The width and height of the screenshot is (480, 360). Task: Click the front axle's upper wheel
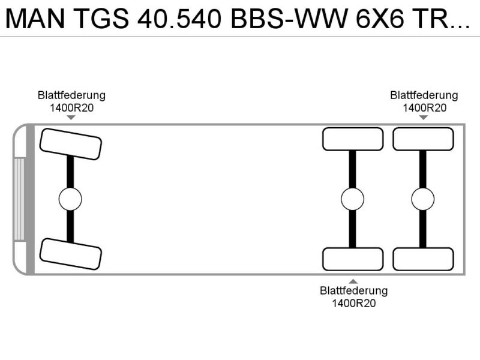coord(71,144)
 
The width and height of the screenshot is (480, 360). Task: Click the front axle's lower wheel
coord(71,254)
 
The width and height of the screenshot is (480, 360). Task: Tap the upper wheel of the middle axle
coord(353,139)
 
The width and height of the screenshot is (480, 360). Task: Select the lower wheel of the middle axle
coord(353,259)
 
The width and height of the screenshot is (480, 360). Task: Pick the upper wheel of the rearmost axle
coord(423,139)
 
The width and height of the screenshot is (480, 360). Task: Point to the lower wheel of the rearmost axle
coord(423,259)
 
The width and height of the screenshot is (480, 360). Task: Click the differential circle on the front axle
coord(70,199)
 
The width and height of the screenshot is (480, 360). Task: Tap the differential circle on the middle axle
coord(352,199)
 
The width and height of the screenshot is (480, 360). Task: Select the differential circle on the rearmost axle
coord(423,199)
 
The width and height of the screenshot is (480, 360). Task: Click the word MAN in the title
coord(35,19)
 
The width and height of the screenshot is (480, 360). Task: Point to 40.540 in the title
coord(179,19)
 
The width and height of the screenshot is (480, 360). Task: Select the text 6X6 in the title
coord(380,19)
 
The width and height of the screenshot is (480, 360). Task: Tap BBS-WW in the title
coord(289,19)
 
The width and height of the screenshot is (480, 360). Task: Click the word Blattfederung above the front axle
coord(71,95)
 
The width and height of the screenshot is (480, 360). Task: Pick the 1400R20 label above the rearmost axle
coord(424,108)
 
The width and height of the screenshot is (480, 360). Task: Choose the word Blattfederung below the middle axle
coord(354,290)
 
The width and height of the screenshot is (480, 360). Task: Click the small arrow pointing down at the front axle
coord(71,117)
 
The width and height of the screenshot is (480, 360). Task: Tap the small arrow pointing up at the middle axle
coord(353,281)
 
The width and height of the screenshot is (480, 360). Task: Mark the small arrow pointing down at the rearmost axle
coord(424,117)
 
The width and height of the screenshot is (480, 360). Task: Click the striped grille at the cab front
coord(19,199)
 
